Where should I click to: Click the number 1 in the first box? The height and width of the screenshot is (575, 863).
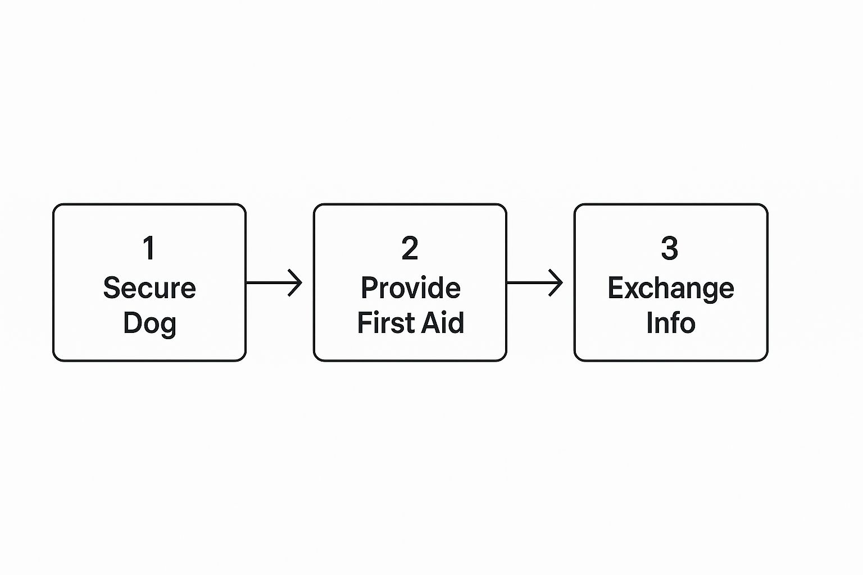149,248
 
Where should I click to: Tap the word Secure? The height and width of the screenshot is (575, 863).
149,288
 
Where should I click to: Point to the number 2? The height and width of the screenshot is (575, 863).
410,248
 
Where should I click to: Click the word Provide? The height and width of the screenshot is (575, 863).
411,288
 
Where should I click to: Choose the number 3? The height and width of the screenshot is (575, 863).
670,248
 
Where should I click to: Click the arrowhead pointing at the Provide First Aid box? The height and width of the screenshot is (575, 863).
296,282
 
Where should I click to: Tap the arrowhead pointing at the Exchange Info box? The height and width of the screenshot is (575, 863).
556,282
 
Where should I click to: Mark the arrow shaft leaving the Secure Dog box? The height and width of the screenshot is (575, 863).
274,282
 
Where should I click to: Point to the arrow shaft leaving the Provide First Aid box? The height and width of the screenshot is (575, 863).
534,282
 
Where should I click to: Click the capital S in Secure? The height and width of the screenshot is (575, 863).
112,288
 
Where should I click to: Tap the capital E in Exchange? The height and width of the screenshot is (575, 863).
616,288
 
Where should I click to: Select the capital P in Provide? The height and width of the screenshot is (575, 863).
370,288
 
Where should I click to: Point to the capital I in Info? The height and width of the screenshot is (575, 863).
649,322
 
